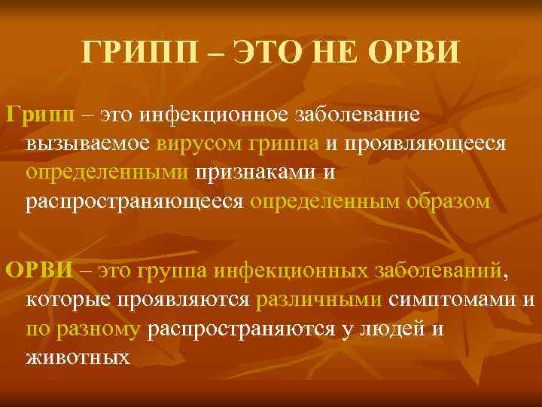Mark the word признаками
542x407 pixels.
[x=254, y=173]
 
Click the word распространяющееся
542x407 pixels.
[x=135, y=201]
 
